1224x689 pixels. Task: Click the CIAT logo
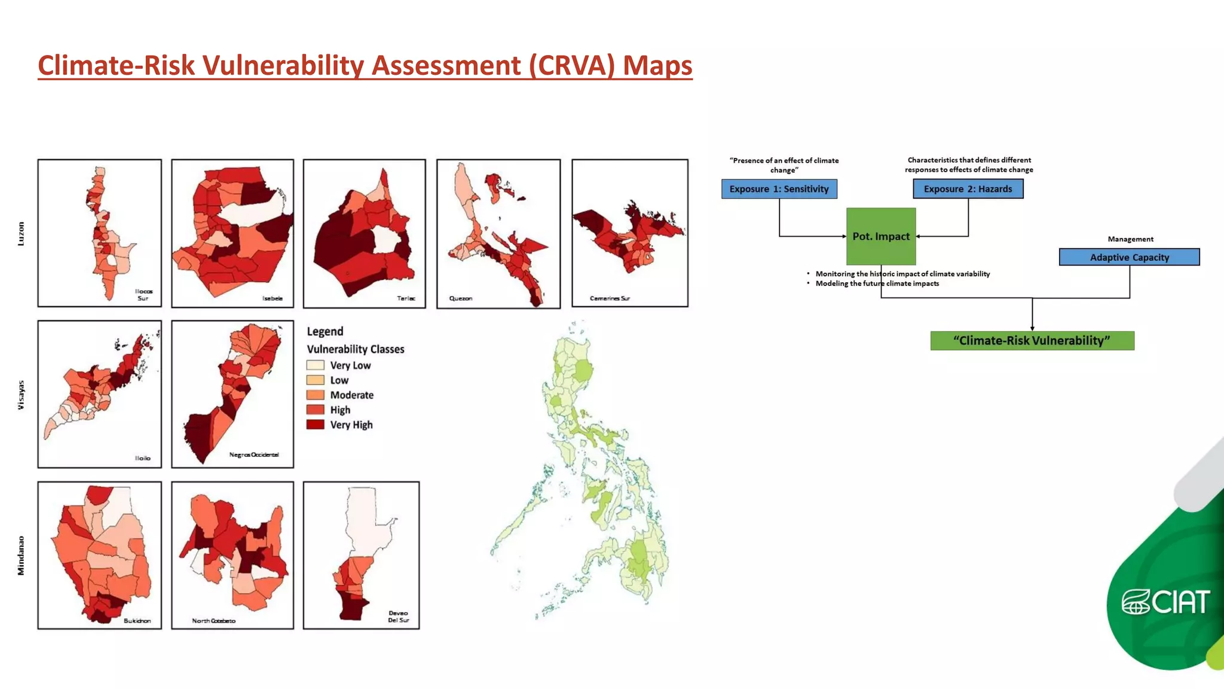click(1165, 602)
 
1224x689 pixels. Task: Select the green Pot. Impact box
click(881, 236)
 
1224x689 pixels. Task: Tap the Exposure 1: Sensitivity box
click(779, 189)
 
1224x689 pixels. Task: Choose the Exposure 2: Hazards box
click(968, 189)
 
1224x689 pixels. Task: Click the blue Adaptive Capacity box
click(1129, 257)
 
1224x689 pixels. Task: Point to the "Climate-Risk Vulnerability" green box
click(1032, 341)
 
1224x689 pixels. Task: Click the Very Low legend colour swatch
click(315, 365)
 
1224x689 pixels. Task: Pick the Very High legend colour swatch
click(315, 425)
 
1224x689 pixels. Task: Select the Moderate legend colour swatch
click(315, 395)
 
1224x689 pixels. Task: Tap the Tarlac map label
click(406, 298)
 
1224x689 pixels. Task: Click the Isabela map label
click(273, 298)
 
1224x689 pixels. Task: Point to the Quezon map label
click(461, 298)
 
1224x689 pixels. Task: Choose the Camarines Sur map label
click(610, 298)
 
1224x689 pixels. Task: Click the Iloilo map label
click(143, 458)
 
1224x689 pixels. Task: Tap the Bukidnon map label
click(137, 621)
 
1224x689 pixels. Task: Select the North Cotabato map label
click(213, 621)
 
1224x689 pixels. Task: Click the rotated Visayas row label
click(22, 395)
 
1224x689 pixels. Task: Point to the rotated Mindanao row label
click(22, 556)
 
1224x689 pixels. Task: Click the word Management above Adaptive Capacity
click(1130, 239)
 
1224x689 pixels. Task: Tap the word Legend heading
click(325, 331)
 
